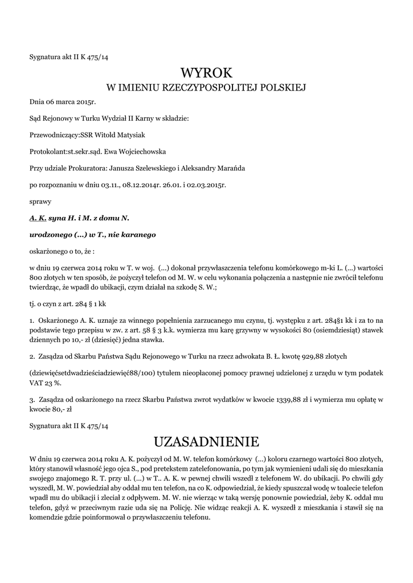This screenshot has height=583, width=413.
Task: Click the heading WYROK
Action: click(206, 73)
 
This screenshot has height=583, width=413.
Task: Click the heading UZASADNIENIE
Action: click(206, 442)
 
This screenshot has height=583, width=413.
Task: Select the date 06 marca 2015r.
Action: click(63, 103)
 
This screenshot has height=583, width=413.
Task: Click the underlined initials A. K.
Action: click(38, 217)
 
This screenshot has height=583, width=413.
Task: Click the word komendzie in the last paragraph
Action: click(48, 518)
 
